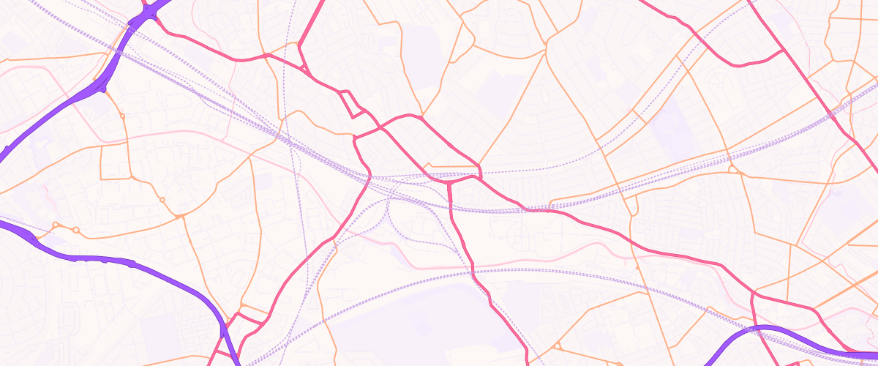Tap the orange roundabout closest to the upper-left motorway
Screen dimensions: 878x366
122,116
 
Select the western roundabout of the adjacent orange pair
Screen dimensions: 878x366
56,225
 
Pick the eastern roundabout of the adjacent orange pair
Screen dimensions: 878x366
75,231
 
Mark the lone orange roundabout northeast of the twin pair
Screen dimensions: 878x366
162,199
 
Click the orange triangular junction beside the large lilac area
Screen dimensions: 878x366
557,345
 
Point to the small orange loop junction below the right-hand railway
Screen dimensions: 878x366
735,170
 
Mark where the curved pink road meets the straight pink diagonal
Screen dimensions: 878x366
783,51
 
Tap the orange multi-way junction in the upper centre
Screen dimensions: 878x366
546,48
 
